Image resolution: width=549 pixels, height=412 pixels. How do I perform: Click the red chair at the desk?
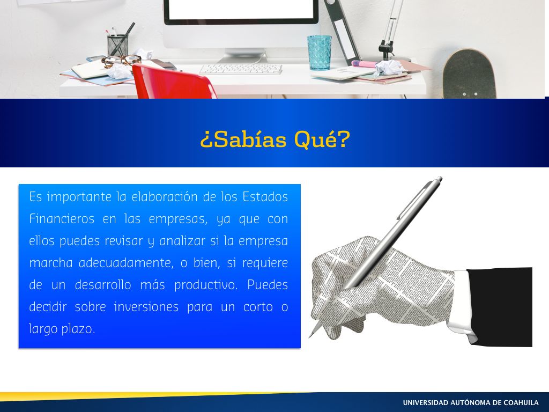(172, 82)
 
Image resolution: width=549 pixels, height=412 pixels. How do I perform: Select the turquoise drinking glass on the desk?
(320, 53)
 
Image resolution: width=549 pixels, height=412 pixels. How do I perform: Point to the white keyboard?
(241, 69)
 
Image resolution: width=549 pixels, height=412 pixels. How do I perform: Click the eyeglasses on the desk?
(121, 61)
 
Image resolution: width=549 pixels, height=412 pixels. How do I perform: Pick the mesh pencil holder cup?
(117, 45)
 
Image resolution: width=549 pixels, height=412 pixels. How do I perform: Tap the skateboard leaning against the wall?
(469, 75)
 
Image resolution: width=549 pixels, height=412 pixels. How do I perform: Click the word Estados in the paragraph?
(265, 197)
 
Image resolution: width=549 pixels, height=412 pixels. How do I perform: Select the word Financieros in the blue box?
(62, 219)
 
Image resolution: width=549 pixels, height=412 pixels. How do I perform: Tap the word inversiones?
(146, 307)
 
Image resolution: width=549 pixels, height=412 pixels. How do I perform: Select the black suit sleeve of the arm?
(501, 306)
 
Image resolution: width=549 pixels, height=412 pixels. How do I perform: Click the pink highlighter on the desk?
(363, 64)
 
